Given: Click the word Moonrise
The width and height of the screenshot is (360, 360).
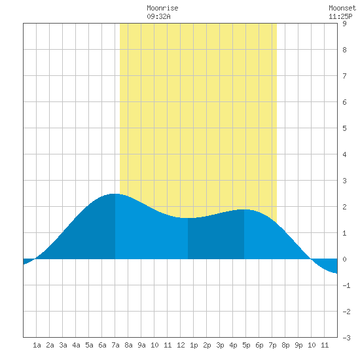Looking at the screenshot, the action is click(162, 8).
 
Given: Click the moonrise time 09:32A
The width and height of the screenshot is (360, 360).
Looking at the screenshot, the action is click(158, 16).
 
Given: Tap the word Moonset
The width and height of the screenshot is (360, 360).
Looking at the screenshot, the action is click(342, 8).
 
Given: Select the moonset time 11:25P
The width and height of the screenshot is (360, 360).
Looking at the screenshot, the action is click(340, 16).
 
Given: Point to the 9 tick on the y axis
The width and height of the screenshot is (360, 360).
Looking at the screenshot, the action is click(344, 24).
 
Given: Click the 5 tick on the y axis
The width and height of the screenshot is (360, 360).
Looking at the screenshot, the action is click(344, 128).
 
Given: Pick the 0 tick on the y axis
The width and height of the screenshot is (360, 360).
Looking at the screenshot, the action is click(344, 259).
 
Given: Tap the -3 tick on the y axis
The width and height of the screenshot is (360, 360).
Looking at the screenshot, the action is click(346, 338).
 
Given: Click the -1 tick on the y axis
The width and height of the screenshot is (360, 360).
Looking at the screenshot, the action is click(346, 285).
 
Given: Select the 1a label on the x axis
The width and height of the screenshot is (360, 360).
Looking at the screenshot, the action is click(37, 345).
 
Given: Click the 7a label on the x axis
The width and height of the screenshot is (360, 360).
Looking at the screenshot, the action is click(115, 345).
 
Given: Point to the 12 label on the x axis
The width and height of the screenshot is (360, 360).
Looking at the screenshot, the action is click(181, 345).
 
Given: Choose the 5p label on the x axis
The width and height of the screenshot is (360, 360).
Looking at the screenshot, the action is click(246, 345).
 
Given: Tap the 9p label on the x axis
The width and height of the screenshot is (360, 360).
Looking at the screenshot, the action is click(298, 345).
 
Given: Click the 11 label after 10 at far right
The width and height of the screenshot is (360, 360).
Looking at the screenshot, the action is click(325, 345).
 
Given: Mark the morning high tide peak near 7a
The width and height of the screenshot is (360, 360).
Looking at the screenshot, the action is click(115, 194).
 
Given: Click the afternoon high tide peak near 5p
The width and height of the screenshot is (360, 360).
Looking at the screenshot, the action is click(245, 209).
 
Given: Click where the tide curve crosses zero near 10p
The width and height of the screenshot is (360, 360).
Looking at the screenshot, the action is click(311, 259).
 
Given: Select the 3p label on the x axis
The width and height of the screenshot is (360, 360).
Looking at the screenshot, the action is click(220, 345).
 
